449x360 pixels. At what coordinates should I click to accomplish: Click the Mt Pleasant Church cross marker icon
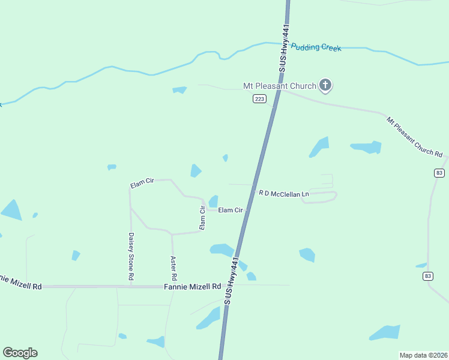point(325,85)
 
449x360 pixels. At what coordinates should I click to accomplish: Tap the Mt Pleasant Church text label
point(279,86)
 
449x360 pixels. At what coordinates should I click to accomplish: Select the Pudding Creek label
point(316,47)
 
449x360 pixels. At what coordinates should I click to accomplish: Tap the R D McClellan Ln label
point(283,194)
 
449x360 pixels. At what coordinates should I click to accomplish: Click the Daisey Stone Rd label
point(130,257)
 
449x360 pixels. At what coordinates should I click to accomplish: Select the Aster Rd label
point(173,268)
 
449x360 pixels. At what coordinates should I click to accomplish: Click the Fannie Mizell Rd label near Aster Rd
point(193,287)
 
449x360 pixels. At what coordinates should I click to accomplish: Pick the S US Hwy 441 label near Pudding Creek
point(283,49)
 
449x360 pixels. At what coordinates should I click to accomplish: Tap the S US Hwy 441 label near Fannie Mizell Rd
point(232,281)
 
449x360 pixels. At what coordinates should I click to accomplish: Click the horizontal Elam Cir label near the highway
point(231,210)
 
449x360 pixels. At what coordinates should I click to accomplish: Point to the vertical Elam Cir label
point(203,217)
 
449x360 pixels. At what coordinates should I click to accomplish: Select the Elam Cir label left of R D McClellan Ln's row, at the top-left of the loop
point(142,183)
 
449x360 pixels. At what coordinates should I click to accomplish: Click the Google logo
point(20,353)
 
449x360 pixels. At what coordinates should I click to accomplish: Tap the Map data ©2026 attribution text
point(423,355)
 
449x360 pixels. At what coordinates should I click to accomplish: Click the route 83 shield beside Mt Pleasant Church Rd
point(439,173)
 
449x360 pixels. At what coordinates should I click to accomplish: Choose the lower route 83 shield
point(427,276)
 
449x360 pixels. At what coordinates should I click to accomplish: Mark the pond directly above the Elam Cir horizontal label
point(213,201)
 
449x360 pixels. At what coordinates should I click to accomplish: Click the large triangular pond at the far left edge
point(11,210)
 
